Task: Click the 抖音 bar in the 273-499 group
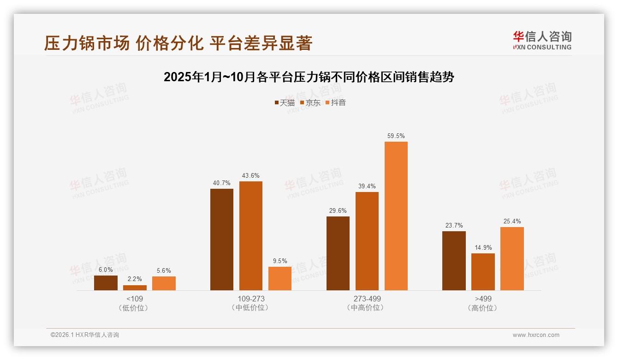click(x=396, y=216)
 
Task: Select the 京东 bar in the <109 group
click(x=135, y=288)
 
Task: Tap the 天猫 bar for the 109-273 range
click(x=222, y=239)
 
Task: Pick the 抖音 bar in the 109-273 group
click(x=280, y=278)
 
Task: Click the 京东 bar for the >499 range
click(x=483, y=272)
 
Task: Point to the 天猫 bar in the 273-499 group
click(x=338, y=253)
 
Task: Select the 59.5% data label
click(x=396, y=136)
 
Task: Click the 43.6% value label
click(x=250, y=176)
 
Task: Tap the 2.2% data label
click(x=135, y=279)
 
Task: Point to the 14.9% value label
click(x=483, y=247)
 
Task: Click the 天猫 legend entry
click(x=285, y=103)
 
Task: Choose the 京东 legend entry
click(x=310, y=103)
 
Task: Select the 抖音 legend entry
click(x=336, y=103)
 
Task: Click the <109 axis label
click(x=135, y=299)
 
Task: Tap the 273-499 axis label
click(x=367, y=299)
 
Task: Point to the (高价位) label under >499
click(x=483, y=308)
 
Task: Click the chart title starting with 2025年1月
click(x=309, y=77)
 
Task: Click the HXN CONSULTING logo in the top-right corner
click(x=542, y=40)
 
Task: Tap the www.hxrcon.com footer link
click(x=536, y=335)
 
